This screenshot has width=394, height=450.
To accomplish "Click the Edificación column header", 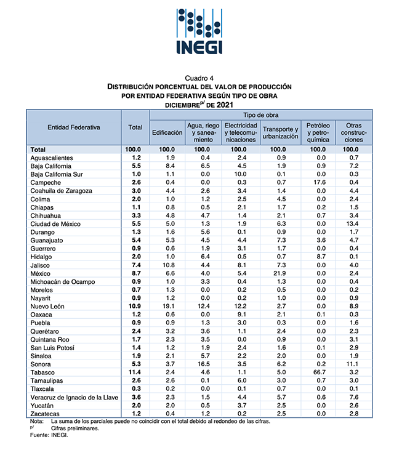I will [x=167, y=132].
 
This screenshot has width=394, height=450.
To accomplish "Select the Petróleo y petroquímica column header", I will [x=318, y=132].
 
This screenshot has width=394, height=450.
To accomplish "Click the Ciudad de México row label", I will [x=57, y=224].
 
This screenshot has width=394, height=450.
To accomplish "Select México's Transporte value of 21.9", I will [x=280, y=273].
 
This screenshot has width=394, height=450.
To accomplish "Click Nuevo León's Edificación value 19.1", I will [x=167, y=306].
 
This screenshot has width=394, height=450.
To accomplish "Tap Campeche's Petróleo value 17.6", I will [x=318, y=183].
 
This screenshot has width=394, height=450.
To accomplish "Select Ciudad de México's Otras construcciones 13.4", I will [x=351, y=224].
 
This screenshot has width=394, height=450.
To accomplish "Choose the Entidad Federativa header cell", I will [x=73, y=127].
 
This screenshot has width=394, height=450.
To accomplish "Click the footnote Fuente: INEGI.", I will [x=49, y=435].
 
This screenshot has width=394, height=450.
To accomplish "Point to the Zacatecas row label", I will [x=46, y=414].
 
